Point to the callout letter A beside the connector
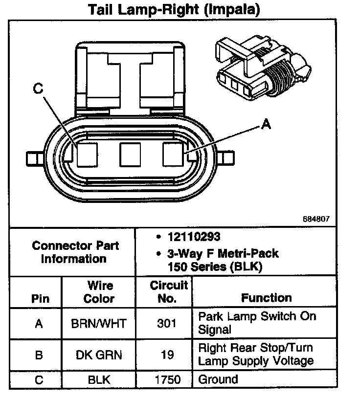[266, 125]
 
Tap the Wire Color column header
[100, 292]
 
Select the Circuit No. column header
[168, 292]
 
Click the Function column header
[266, 298]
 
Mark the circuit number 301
[167, 323]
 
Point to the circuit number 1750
[167, 379]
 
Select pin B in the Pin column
[39, 355]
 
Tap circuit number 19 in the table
[167, 355]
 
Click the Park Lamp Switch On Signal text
[257, 323]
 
